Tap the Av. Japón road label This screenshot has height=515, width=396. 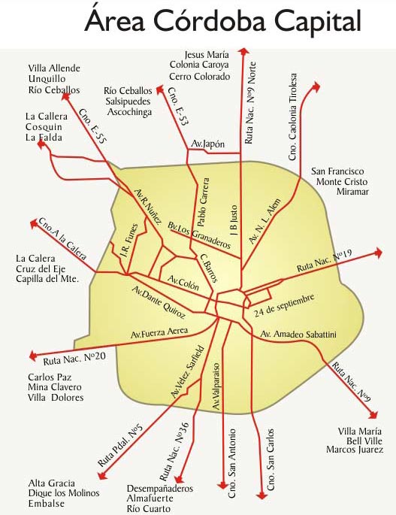(x=208, y=144)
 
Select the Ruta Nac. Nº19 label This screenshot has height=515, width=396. (x=325, y=260)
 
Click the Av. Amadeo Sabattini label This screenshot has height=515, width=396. (x=298, y=334)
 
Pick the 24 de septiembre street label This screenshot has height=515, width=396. (x=284, y=305)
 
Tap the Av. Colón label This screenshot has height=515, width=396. (x=183, y=283)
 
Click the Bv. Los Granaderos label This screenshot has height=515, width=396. (x=199, y=235)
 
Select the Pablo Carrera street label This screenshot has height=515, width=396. (x=203, y=202)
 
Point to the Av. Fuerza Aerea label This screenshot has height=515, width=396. (x=159, y=332)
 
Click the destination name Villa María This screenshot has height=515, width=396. (x=359, y=432)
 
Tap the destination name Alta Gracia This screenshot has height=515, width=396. (x=52, y=483)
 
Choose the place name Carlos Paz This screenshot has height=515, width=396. (x=50, y=377)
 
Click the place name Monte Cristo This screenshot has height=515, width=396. (x=342, y=182)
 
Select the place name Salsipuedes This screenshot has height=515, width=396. (x=128, y=101)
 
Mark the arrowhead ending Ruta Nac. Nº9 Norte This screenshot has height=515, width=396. (x=243, y=51)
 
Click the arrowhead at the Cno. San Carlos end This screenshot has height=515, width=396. (x=261, y=495)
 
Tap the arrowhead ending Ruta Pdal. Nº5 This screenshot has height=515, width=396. (x=102, y=475)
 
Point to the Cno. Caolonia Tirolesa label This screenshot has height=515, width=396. (x=292, y=117)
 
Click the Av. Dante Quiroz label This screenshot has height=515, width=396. (x=159, y=302)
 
